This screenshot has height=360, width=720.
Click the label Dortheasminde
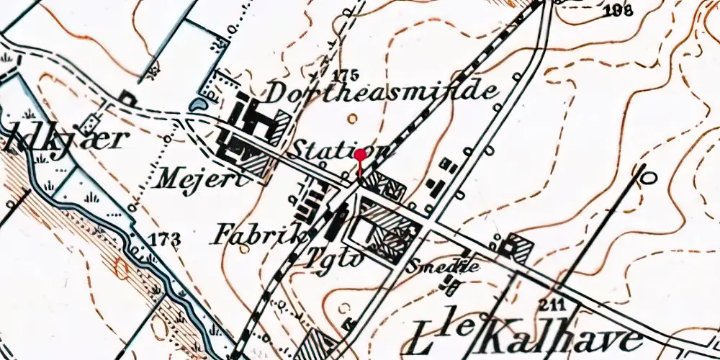[x=382, y=92]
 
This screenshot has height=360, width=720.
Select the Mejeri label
[x=204, y=176]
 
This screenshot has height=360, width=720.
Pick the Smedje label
[x=443, y=267]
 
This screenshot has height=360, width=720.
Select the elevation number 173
[x=166, y=238]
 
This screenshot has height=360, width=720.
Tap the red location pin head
[x=360, y=153]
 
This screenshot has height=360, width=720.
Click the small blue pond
[x=195, y=106]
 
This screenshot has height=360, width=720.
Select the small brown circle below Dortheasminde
[x=351, y=118]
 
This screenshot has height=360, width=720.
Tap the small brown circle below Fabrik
[x=245, y=250]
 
